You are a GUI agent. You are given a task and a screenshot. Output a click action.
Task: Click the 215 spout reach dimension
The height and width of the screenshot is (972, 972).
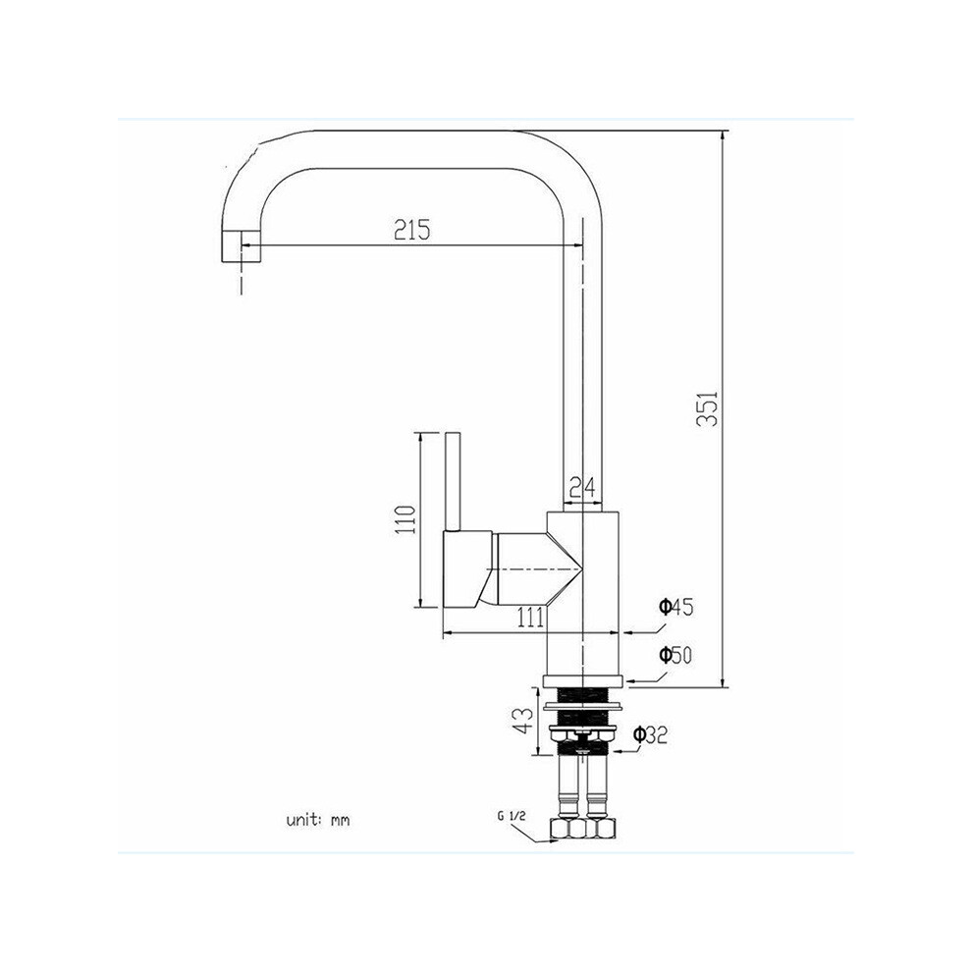412,230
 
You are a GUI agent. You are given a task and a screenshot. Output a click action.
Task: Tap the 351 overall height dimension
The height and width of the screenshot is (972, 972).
707,407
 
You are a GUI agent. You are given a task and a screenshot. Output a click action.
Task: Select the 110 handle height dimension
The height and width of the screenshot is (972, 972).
405,520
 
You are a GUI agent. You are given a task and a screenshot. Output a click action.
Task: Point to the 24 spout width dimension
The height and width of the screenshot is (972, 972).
582,487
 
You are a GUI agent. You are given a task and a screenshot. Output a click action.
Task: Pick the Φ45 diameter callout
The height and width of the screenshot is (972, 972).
675,607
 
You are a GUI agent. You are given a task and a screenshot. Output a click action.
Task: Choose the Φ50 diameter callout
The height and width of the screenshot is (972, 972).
675,655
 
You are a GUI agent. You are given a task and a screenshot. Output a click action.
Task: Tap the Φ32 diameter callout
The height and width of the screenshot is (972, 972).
650,735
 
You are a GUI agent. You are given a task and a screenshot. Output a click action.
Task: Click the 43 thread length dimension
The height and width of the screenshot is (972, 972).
524,721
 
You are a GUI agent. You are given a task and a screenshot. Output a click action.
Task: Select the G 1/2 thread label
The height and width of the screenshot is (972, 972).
512,817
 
